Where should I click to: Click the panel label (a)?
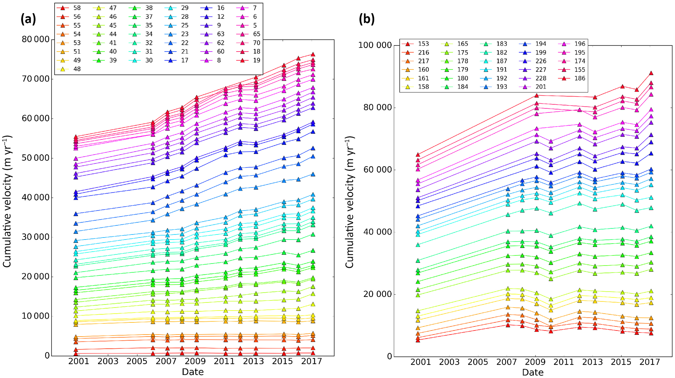(x=28, y=19)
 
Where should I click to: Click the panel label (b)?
(x=366, y=19)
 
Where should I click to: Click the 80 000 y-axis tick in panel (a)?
(x=36, y=39)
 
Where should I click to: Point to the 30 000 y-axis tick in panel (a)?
(x=36, y=237)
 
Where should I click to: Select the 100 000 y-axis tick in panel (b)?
(x=375, y=45)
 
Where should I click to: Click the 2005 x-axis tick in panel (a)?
(x=137, y=361)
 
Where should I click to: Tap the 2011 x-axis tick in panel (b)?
(x=564, y=362)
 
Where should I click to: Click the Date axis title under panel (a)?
(x=193, y=372)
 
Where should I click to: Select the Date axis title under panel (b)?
(x=533, y=372)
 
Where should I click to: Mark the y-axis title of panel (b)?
(x=350, y=202)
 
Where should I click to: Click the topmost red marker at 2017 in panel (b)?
(x=651, y=73)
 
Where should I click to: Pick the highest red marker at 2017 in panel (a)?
(x=313, y=54)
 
